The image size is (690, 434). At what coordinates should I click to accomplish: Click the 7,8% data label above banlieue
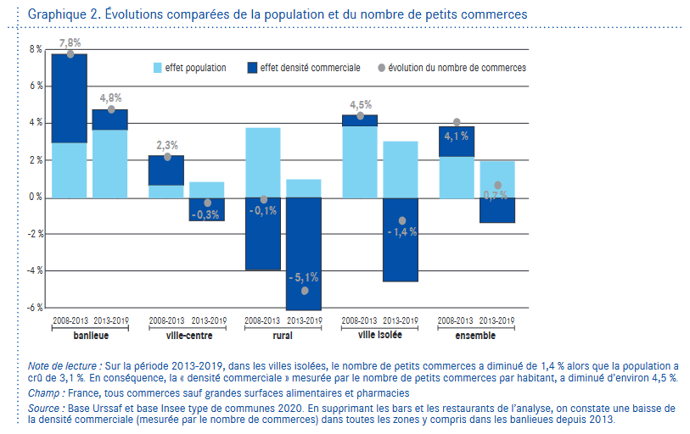coord(70,42)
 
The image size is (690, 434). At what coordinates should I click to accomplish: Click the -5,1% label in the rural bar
coord(303,277)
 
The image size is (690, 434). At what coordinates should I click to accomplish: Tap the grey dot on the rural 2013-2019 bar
coord(304,291)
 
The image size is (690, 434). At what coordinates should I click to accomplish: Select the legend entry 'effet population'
coord(195,67)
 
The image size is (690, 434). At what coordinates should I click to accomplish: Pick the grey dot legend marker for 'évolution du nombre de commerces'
coord(381,67)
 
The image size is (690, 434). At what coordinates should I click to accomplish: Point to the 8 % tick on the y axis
coord(35,49)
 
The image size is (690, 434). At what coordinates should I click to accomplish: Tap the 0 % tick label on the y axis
coord(35,198)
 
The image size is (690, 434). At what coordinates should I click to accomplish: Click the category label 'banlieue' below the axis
coord(90,336)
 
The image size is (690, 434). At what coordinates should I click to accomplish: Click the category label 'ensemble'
coord(476,336)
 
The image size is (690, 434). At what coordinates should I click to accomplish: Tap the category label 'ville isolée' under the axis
coord(379,336)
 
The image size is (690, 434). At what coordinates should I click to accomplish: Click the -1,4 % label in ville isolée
coord(401,232)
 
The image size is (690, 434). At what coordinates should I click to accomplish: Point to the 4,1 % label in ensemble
coord(456,136)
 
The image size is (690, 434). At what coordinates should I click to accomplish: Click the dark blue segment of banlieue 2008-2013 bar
coord(70,97)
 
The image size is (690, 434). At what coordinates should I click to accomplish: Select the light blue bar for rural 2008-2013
coord(263,162)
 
